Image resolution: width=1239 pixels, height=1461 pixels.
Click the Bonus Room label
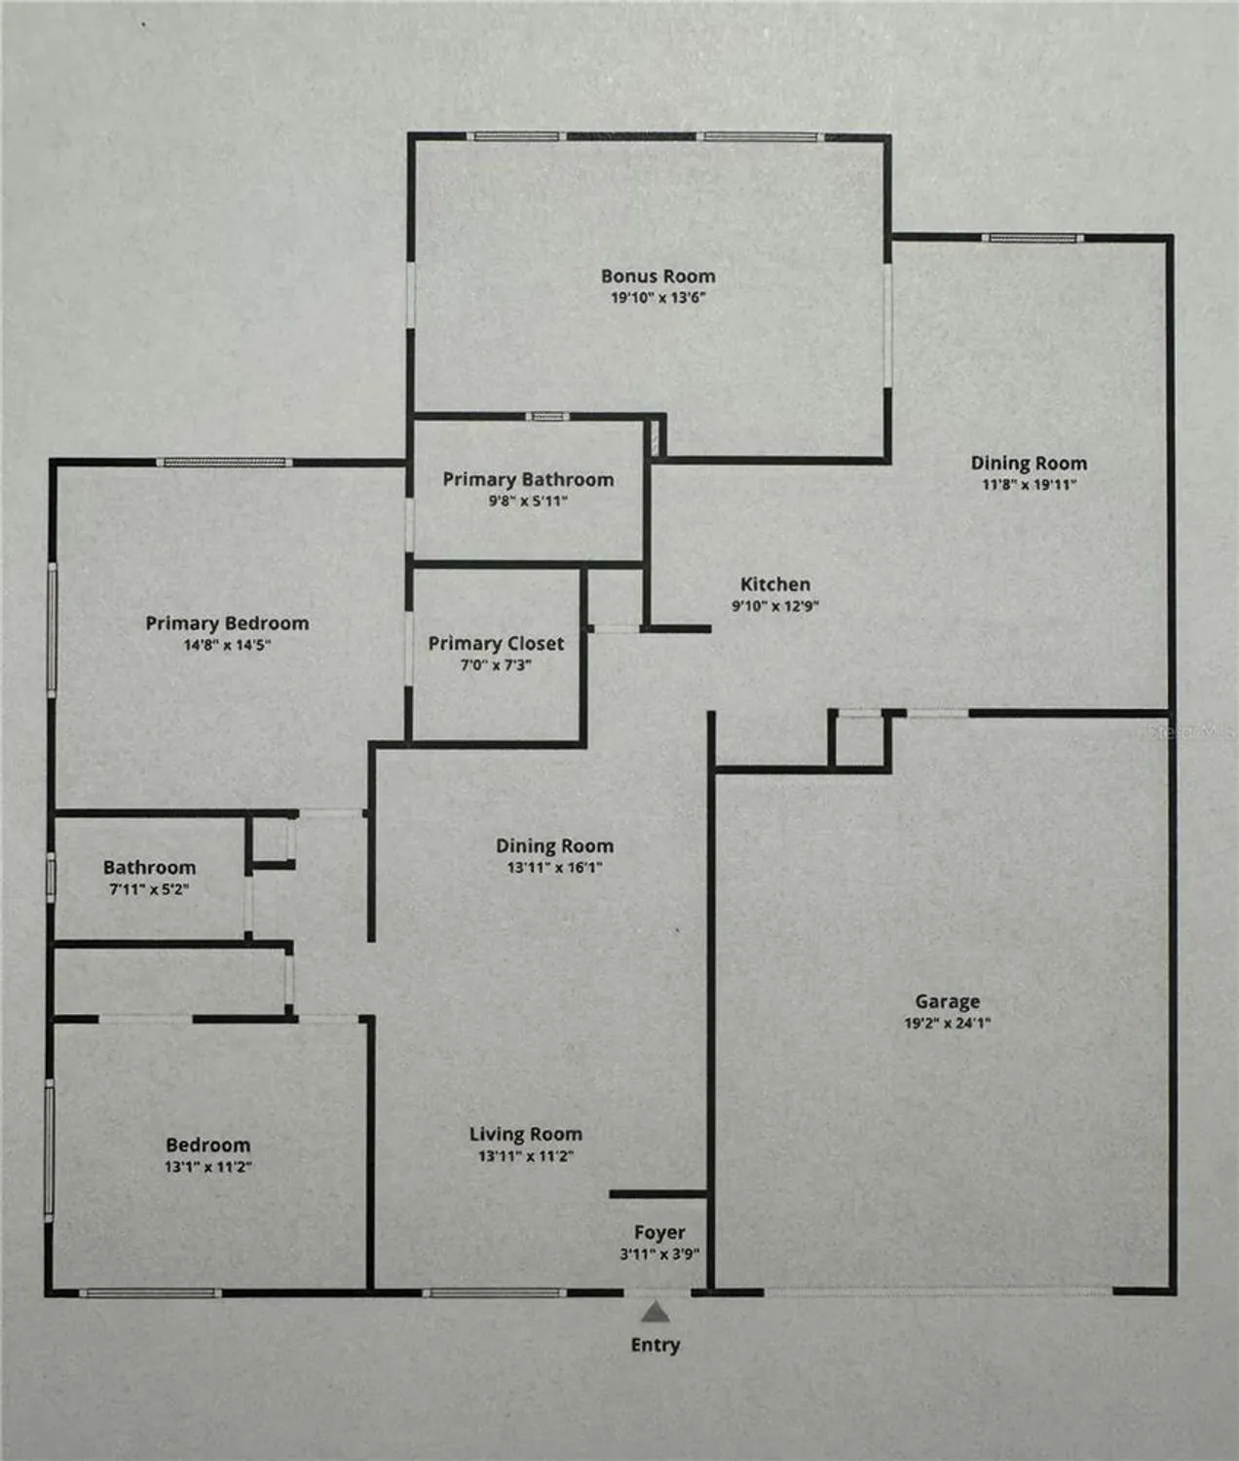[657, 277]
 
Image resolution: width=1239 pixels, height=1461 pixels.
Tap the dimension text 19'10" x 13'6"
[657, 298]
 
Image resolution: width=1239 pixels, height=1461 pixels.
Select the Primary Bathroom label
[528, 479]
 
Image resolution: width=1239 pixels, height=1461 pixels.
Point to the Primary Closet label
[496, 644]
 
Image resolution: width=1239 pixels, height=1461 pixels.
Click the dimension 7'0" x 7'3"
[496, 665]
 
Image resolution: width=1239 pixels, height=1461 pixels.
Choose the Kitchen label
[775, 584]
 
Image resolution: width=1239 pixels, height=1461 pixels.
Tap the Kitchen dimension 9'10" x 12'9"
[775, 606]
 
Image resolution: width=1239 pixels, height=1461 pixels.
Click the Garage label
[947, 1001]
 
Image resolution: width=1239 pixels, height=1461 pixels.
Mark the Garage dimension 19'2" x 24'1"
[947, 1023]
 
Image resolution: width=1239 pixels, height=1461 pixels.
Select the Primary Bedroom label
[227, 623]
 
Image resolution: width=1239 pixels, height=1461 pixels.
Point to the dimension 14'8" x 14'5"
[227, 645]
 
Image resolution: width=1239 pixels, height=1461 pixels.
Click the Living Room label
[525, 1135]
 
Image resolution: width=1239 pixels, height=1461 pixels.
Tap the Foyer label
[659, 1233]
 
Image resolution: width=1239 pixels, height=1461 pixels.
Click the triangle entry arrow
[656, 1313]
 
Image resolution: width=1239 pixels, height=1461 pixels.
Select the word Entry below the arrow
[656, 1345]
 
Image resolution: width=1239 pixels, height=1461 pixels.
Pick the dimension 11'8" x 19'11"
[1029, 484]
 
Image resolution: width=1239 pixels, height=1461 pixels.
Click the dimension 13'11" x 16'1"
[554, 868]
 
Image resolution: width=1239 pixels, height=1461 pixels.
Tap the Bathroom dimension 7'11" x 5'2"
[149, 889]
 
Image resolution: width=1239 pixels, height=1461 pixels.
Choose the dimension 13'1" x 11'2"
[207, 1167]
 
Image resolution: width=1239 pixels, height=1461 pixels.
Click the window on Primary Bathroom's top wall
[547, 417]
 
